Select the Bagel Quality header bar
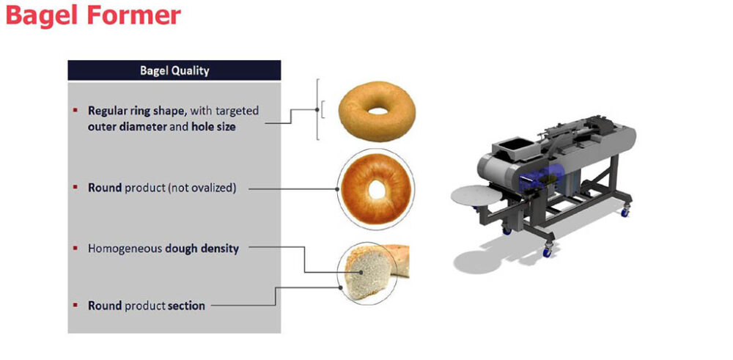tap(174, 70)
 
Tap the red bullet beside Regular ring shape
tap(75, 111)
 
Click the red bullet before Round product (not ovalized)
tap(75, 187)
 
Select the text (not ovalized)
tap(202, 188)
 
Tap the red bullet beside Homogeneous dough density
tap(75, 248)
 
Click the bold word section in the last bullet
tap(186, 305)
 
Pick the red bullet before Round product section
tap(75, 304)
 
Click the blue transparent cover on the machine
tap(545, 180)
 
